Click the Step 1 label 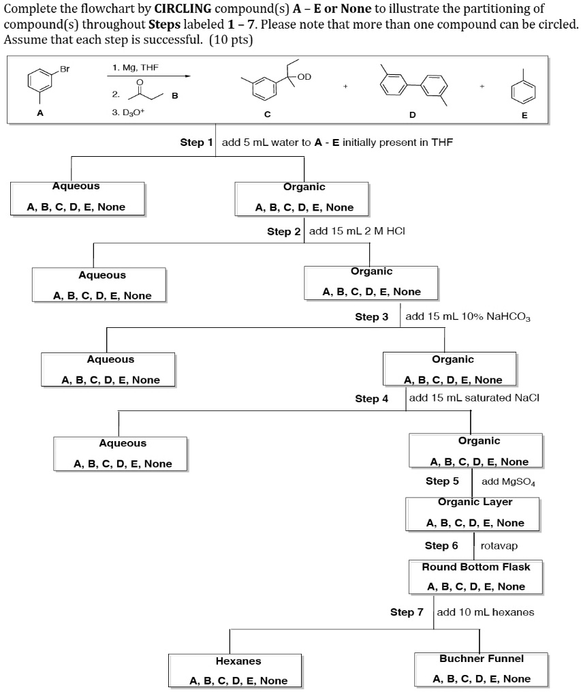coord(196,142)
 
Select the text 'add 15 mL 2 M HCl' coord(358,231)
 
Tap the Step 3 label coord(371,317)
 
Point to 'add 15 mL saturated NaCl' coord(474,398)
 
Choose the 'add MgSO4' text coord(508,482)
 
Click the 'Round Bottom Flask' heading coord(475,567)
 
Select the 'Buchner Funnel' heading coord(481,659)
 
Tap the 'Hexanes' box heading coord(238,661)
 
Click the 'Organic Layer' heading coord(475,502)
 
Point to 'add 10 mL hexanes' coord(485,612)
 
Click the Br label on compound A coord(65,69)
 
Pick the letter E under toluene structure coord(524,115)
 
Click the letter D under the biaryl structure coord(412,115)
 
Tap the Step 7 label coord(406,612)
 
